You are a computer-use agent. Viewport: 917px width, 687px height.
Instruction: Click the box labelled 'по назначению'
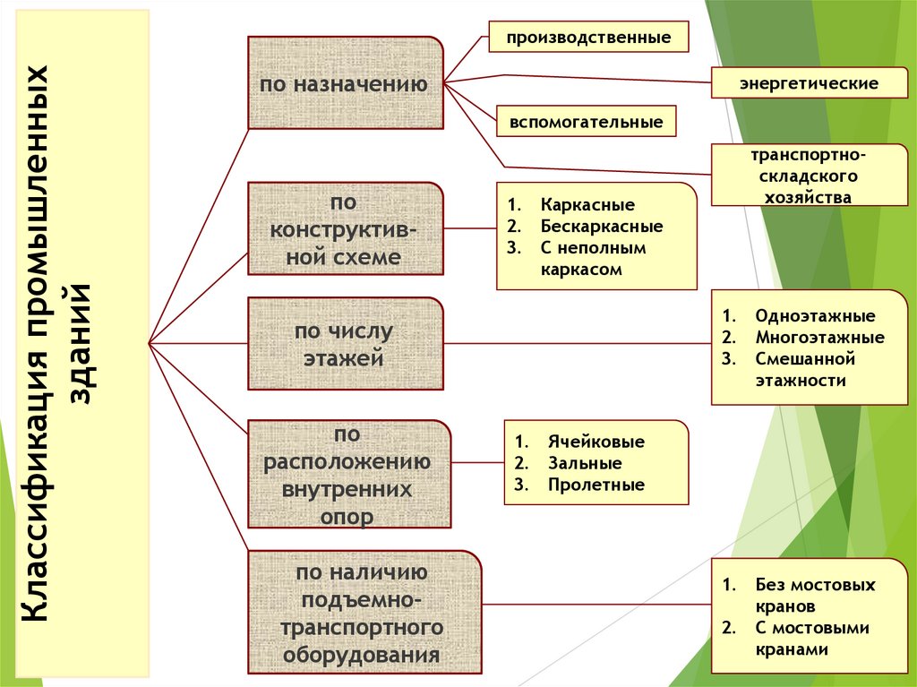point(345,83)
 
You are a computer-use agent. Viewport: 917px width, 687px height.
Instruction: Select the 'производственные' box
point(588,39)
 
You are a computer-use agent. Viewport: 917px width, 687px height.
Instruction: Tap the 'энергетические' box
point(808,83)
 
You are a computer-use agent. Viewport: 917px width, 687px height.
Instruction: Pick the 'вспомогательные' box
point(587,121)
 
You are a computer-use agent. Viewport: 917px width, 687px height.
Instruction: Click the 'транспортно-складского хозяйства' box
point(808,176)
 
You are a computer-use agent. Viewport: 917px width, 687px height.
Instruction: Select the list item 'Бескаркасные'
point(601,227)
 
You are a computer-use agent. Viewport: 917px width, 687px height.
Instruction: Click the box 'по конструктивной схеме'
point(345,228)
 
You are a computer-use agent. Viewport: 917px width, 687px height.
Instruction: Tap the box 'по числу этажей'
point(345,345)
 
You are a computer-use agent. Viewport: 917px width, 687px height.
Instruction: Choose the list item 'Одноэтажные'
point(814,316)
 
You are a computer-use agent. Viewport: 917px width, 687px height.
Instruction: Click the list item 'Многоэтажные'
point(818,338)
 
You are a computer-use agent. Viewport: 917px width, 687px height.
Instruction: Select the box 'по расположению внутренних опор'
point(349,475)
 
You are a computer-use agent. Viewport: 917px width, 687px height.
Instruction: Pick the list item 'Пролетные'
point(592,485)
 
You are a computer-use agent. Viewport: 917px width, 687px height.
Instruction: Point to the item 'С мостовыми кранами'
point(811,639)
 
